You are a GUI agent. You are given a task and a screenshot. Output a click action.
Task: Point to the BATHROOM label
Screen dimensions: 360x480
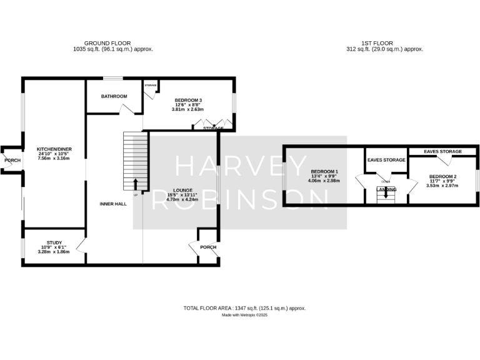click(115, 96)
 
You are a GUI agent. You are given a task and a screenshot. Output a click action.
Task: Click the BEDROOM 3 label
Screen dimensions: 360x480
click(187, 100)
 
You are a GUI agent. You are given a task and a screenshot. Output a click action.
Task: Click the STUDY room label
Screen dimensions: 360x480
click(54, 242)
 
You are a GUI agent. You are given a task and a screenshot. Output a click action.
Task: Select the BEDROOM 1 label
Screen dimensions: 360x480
click(324, 171)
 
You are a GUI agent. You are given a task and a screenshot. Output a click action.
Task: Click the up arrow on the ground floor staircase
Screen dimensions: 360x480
click(135, 184)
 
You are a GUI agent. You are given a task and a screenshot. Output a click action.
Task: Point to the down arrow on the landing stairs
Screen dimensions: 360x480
click(386, 193)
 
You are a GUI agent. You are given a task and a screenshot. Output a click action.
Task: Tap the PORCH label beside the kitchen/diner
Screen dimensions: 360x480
click(12, 161)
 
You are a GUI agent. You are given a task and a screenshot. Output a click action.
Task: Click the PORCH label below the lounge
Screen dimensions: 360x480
click(207, 247)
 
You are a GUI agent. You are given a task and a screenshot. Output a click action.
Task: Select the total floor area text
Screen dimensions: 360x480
click(244, 308)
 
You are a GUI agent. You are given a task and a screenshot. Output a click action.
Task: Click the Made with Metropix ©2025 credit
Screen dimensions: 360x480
click(244, 315)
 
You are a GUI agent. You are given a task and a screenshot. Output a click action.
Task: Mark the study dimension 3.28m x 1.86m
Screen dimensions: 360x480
click(54, 252)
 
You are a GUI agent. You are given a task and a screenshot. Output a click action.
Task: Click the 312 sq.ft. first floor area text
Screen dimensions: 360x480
click(385, 49)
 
